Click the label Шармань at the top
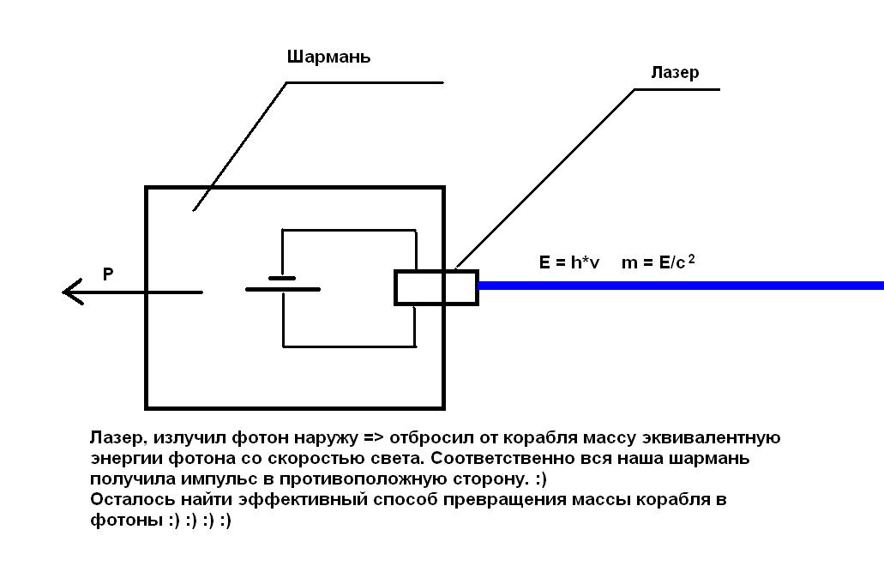(x=328, y=57)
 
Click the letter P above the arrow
(x=108, y=274)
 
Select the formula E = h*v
(x=570, y=262)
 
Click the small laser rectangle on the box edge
(x=436, y=287)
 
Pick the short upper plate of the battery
(x=282, y=278)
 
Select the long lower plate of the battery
(x=283, y=290)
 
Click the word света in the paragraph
(x=352, y=459)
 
